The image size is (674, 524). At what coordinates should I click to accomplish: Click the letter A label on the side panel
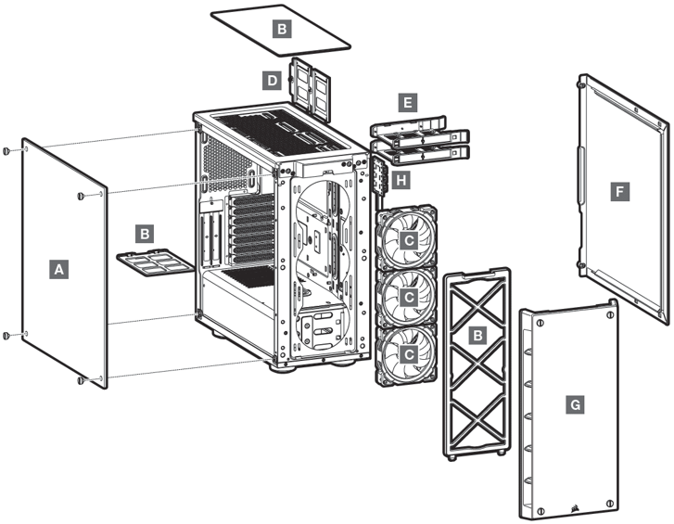(58, 269)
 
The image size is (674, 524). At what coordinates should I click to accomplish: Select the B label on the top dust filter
(281, 28)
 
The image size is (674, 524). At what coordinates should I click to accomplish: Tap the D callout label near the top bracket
(272, 81)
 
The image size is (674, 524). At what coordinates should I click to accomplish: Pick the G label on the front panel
(576, 404)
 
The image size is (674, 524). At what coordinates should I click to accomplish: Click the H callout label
(400, 179)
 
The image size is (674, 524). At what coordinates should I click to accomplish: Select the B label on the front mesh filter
(477, 334)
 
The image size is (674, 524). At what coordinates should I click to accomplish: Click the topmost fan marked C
(409, 239)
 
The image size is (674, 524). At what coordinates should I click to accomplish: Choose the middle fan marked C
(409, 297)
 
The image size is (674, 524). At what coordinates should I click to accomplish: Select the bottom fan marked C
(409, 354)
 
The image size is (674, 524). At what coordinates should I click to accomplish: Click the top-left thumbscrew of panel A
(7, 151)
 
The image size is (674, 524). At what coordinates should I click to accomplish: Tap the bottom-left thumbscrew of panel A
(7, 336)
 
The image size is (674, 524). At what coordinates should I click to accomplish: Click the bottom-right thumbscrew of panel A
(82, 380)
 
